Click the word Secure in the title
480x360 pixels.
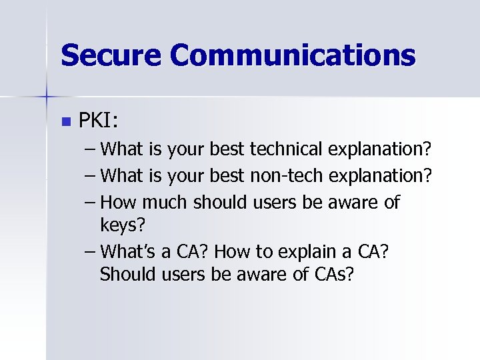[109, 55]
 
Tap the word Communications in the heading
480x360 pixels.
[293, 55]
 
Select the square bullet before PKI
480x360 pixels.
[65, 122]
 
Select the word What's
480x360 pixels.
[133, 252]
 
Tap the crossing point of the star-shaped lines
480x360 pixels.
[47, 97]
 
